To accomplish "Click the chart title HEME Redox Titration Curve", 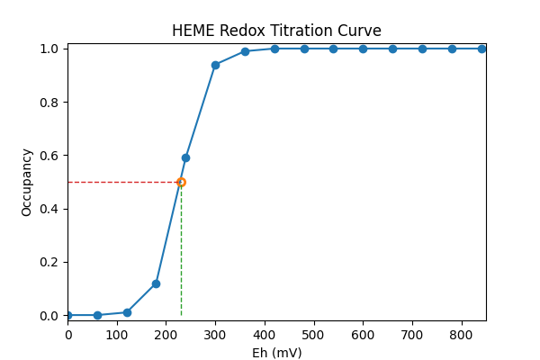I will tap(276, 31).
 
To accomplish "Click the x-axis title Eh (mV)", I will tap(276, 353).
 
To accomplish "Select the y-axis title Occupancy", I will tap(28, 182).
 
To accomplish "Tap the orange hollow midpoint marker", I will tap(181, 182).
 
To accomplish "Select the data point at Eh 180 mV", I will tap(156, 283).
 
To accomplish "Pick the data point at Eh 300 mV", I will tap(215, 65).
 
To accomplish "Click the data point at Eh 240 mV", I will tap(185, 157).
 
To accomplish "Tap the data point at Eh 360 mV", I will tap(245, 51).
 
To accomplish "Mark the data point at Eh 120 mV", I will tap(127, 312).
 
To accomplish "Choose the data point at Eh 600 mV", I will tap(363, 49).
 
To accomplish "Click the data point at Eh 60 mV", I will tap(97, 315).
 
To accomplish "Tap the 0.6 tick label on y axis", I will tap(50, 156).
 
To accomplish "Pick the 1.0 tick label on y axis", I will tap(50, 49).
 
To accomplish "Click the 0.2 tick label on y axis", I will tap(50, 263).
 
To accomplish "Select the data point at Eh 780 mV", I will tap(452, 49).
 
